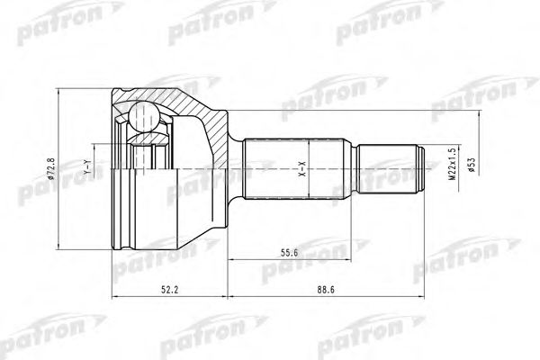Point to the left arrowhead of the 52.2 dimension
click(114, 294)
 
